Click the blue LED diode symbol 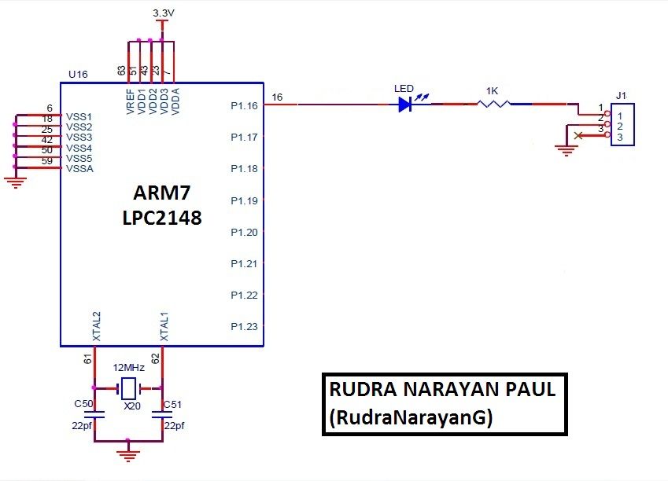pos(406,104)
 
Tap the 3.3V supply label pos(163,14)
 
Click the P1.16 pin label pos(244,105)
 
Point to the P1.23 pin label pos(244,326)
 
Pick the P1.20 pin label pos(244,232)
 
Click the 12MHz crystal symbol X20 pos(127,387)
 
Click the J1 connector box pos(621,125)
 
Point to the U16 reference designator pos(78,75)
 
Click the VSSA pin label pos(79,168)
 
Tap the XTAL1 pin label pos(164,325)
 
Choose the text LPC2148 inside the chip pos(161,218)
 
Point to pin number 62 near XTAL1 pos(156,358)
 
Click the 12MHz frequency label pos(128,368)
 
